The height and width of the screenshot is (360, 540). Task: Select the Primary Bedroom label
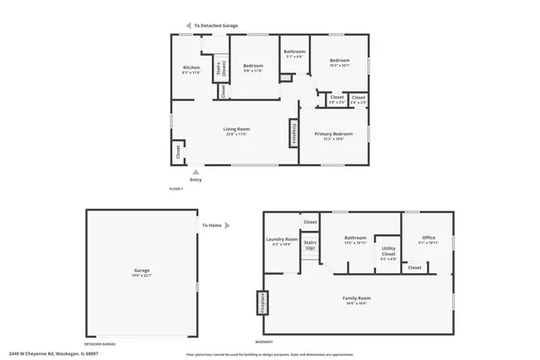coord(333,136)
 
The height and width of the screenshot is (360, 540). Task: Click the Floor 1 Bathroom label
coord(294,54)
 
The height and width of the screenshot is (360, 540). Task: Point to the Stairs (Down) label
coord(221,68)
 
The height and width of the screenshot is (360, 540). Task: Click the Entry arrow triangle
coord(196,171)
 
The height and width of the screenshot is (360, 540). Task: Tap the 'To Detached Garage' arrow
coord(188,26)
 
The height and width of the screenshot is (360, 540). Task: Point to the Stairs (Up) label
coord(310,246)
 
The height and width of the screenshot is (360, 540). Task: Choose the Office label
coord(428,240)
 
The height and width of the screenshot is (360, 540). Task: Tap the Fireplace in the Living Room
coord(294,133)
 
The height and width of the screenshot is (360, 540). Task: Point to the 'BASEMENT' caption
coord(264,342)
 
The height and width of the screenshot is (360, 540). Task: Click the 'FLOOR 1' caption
coord(176,188)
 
